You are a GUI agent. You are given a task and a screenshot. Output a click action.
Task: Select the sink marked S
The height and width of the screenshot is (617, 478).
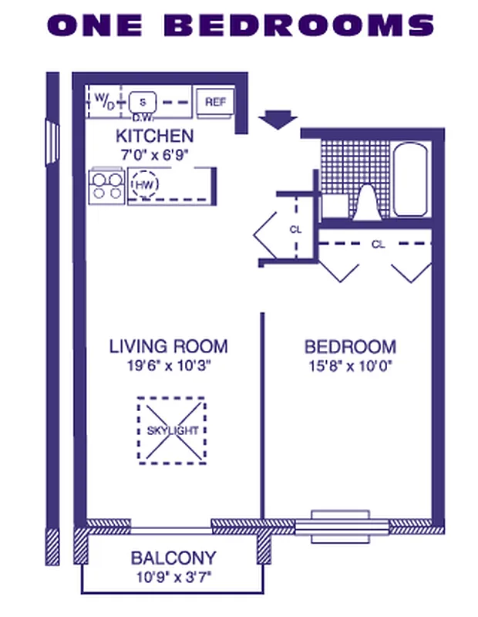tap(142, 101)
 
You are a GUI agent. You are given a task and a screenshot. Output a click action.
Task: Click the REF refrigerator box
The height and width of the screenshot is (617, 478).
tap(214, 102)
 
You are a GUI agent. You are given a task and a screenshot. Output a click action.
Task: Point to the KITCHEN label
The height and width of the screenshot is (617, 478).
tap(154, 137)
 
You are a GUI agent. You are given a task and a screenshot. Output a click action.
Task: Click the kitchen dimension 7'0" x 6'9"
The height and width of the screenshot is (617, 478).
tap(154, 153)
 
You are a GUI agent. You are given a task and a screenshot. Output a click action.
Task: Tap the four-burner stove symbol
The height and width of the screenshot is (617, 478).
tap(107, 185)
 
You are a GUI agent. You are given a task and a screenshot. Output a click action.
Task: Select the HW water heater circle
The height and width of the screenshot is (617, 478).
tap(143, 185)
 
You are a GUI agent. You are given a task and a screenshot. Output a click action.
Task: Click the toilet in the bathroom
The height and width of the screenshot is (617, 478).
tap(366, 202)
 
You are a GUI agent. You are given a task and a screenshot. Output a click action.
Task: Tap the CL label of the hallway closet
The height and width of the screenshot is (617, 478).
tap(295, 229)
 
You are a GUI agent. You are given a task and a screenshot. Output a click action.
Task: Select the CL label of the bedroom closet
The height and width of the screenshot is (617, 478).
tap(378, 244)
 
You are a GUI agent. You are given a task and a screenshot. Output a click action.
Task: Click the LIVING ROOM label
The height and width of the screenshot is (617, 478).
tap(168, 346)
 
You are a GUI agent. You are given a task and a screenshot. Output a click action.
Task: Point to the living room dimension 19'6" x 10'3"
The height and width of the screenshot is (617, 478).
tap(168, 366)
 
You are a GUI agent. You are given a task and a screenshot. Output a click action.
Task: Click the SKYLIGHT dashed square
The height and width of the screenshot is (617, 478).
tap(173, 430)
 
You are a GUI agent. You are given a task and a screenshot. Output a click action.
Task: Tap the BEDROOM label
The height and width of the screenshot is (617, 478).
tap(350, 346)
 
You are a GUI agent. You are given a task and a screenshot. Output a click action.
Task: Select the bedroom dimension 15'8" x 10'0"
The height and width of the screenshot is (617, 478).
tap(350, 366)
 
